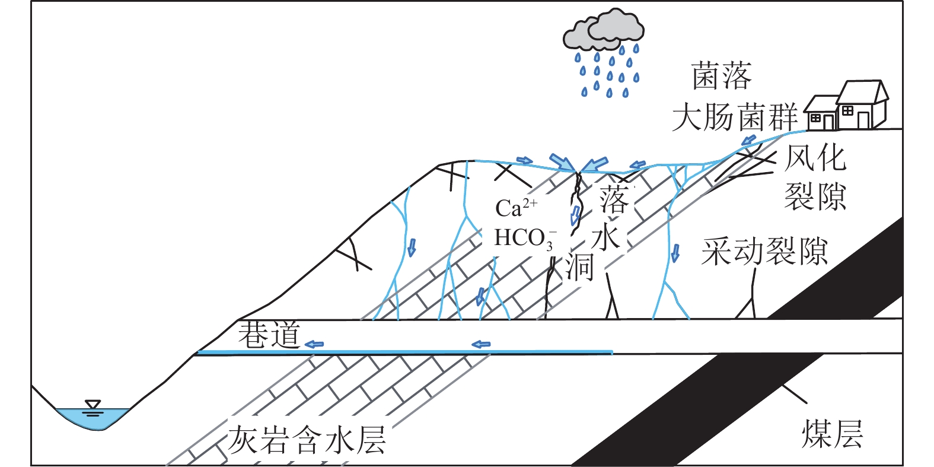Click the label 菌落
722,77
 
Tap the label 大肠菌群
735,116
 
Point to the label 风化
815,157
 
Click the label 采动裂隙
764,251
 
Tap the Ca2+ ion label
516,207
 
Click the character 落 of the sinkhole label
613,199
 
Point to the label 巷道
269,335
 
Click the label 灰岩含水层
307,440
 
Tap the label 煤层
832,434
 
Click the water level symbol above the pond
93,406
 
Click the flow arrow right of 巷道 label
314,344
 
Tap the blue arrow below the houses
748,141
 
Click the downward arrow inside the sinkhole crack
575,215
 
